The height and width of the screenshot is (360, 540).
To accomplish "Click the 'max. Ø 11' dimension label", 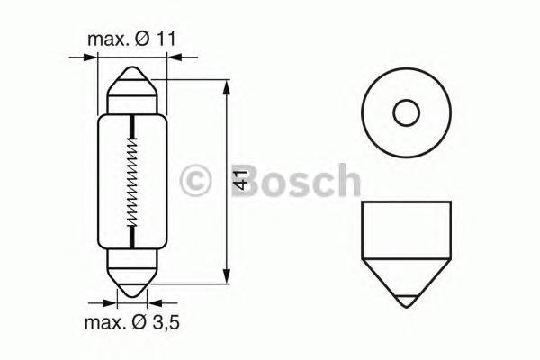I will click(132, 40).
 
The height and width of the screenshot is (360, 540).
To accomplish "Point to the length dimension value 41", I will click(239, 181).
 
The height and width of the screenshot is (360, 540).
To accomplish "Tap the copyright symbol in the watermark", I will click(196, 180).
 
